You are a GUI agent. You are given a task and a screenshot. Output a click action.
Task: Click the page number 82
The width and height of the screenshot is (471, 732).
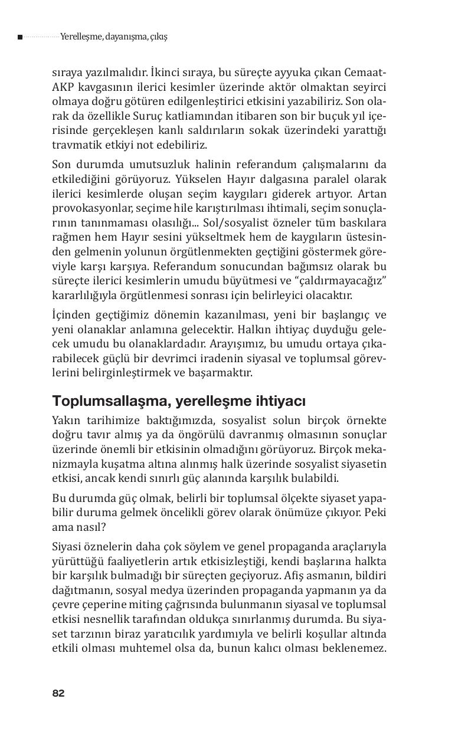click(x=58, y=693)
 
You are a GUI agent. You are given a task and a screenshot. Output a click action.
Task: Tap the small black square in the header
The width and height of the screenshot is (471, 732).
click(x=20, y=37)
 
